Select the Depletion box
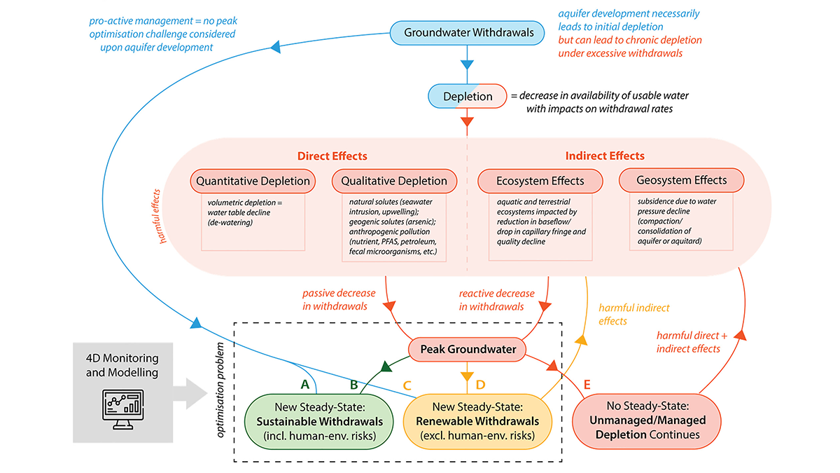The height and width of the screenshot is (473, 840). click(x=468, y=96)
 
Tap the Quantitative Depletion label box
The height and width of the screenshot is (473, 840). click(x=253, y=181)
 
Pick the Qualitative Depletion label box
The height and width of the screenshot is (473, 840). click(x=394, y=181)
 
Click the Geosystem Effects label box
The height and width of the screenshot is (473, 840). click(x=681, y=180)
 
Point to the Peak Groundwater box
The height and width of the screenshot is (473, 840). click(x=468, y=349)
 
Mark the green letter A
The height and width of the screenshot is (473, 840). click(x=304, y=384)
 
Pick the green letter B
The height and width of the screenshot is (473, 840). click(x=354, y=384)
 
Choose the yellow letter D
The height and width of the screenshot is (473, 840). click(x=480, y=384)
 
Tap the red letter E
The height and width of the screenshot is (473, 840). click(x=587, y=384)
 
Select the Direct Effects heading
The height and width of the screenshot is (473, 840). click(x=332, y=156)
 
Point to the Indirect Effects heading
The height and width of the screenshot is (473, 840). click(x=605, y=156)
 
